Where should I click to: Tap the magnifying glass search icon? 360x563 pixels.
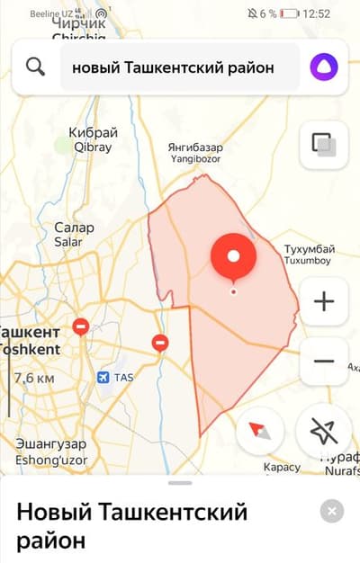tap(36, 67)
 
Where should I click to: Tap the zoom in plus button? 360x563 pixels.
tap(323, 301)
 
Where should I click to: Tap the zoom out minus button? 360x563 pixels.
tap(323, 362)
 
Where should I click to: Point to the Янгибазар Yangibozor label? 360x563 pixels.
tap(195, 152)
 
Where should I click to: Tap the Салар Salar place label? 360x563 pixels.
tap(74, 235)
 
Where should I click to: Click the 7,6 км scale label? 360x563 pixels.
tap(34, 378)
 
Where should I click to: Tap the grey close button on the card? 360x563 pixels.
tap(331, 513)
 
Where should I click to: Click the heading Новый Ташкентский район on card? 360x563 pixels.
tap(131, 527)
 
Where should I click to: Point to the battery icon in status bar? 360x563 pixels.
tap(289, 13)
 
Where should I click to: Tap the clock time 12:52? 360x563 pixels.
tap(317, 13)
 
